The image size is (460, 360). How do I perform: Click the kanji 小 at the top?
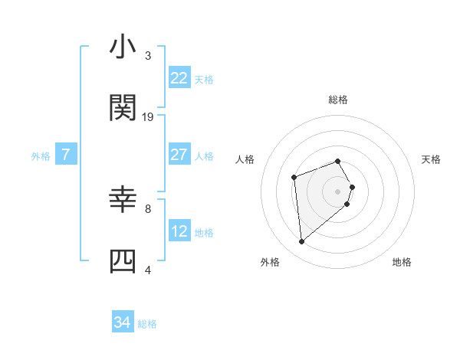coord(123,48)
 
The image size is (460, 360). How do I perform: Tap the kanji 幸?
coord(123,201)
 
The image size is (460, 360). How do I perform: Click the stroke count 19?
coord(148,116)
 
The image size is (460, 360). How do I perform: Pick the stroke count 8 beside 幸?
coord(148,208)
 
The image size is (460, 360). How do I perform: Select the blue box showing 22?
coord(179,78)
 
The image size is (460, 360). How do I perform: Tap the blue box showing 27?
coord(179,155)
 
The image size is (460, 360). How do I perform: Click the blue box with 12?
coord(179,231)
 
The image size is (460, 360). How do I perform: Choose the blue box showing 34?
coord(123,323)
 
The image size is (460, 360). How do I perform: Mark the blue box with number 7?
coord(66,155)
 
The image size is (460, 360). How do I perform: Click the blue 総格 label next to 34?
coord(147,324)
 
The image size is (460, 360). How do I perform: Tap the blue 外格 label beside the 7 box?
coord(41,155)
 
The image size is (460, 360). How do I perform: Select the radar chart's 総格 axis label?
coord(338,100)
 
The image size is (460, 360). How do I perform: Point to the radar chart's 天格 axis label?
coord(432,159)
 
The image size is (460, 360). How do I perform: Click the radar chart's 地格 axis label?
coord(402,262)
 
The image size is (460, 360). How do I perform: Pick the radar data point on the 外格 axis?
coord(302,242)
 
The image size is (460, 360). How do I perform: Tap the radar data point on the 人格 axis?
coord(294,178)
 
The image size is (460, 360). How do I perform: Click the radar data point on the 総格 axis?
coord(338,161)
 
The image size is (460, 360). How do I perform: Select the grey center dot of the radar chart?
coord(338,191)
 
